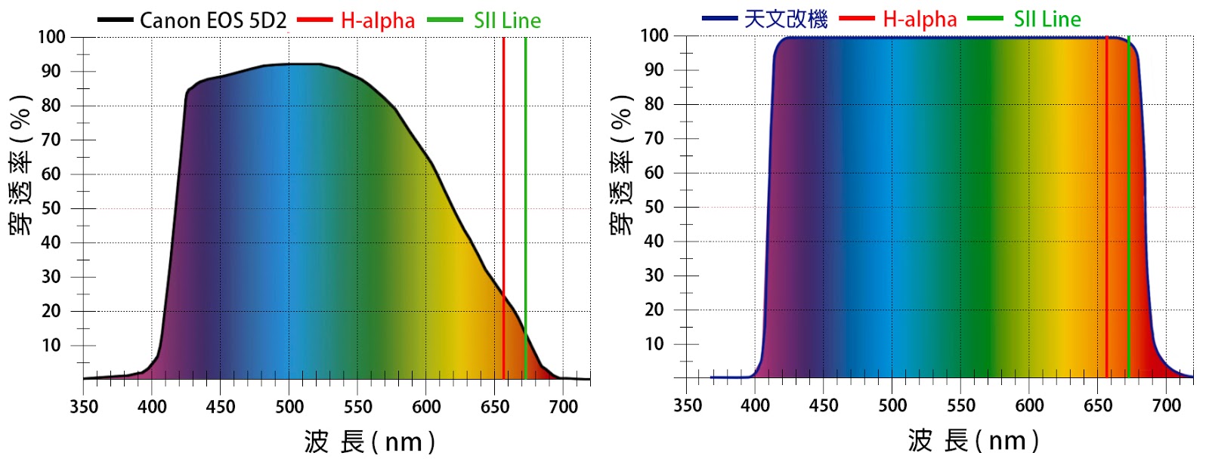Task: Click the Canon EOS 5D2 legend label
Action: pyautogui.click(x=213, y=20)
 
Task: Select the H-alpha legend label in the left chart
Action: pyautogui.click(x=378, y=20)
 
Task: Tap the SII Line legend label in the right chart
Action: pyautogui.click(x=1047, y=19)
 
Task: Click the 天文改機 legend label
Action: pyautogui.click(x=786, y=19)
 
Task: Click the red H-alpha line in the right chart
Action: pyautogui.click(x=1106, y=226)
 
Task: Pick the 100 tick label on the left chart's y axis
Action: pyautogui.click(x=51, y=37)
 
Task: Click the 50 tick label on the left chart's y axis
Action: pyautogui.click(x=51, y=208)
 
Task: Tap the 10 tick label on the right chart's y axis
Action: pyautogui.click(x=654, y=344)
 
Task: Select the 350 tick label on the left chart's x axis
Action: pyautogui.click(x=84, y=407)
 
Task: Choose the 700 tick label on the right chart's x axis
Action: pyautogui.click(x=1166, y=405)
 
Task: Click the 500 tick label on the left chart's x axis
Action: pyautogui.click(x=289, y=407)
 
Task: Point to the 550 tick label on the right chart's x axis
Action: pyautogui.click(x=961, y=405)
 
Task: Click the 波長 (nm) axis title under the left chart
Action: pyautogui.click(x=370, y=442)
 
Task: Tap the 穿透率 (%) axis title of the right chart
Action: pyautogui.click(x=621, y=165)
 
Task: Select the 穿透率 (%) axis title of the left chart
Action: pyautogui.click(x=21, y=165)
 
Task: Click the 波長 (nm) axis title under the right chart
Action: pyautogui.click(x=973, y=440)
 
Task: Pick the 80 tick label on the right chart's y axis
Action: pyautogui.click(x=654, y=104)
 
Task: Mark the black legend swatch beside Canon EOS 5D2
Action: pyautogui.click(x=115, y=20)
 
